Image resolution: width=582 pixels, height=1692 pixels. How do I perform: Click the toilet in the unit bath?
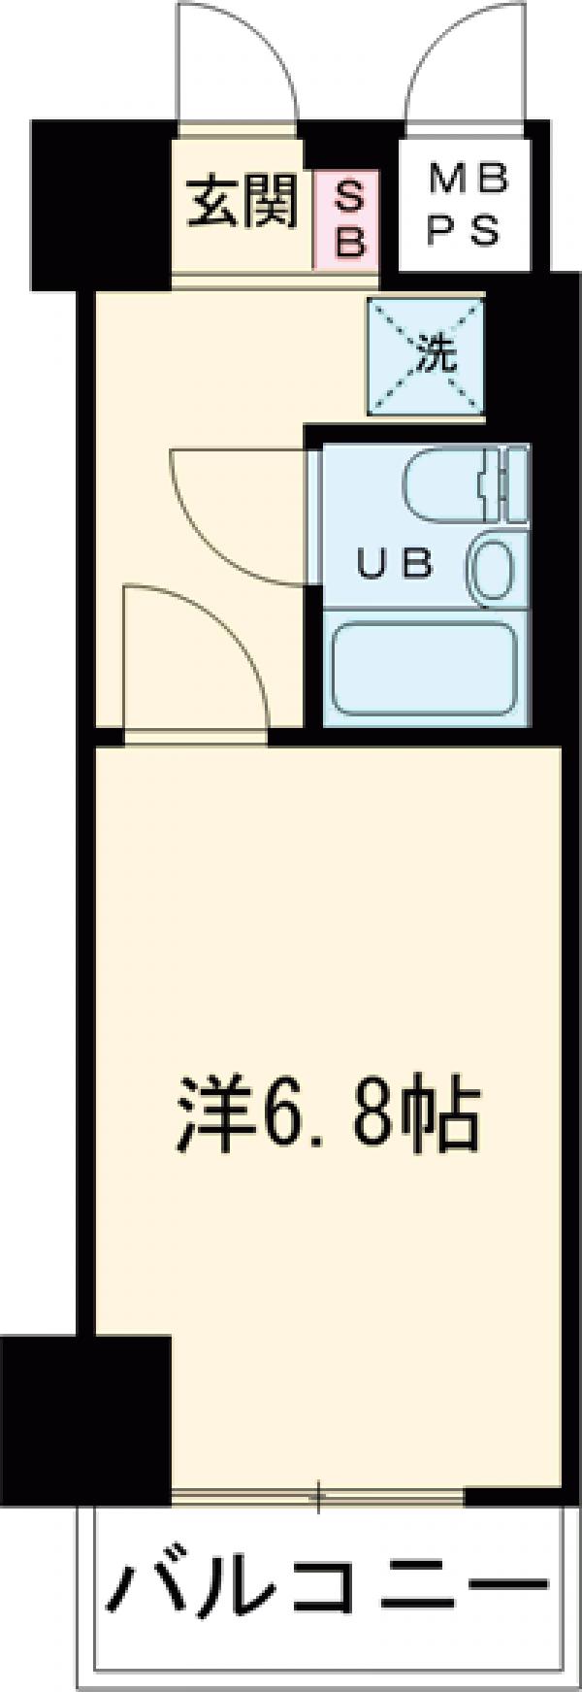(x=456, y=482)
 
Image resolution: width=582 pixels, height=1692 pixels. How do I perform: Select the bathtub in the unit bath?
(x=423, y=668)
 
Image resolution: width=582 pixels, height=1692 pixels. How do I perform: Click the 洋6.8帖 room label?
(x=329, y=1120)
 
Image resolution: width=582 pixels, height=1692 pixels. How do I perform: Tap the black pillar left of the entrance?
(x=97, y=204)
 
